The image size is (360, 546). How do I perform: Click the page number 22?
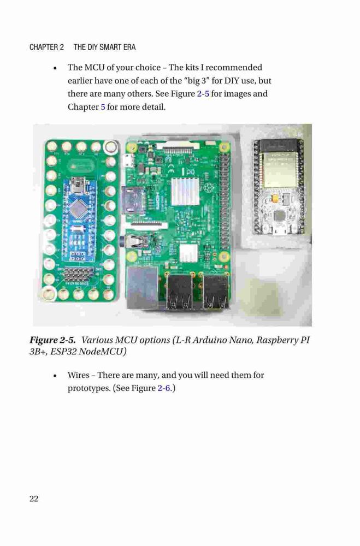pos(34,498)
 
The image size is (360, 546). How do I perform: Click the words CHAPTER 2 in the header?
pos(46,47)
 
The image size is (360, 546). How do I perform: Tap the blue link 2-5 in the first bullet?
pos(203,94)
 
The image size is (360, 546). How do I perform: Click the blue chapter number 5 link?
pos(103,107)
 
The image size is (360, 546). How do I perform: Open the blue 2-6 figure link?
pos(164,388)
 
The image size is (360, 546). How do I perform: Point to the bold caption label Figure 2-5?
pos(52,340)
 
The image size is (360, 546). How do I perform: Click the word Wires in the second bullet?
pos(79,375)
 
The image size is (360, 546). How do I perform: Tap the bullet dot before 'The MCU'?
pos(55,68)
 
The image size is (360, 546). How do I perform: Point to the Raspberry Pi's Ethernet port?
pos(143,287)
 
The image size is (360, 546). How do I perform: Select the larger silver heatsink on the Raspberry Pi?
pos(185,191)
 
